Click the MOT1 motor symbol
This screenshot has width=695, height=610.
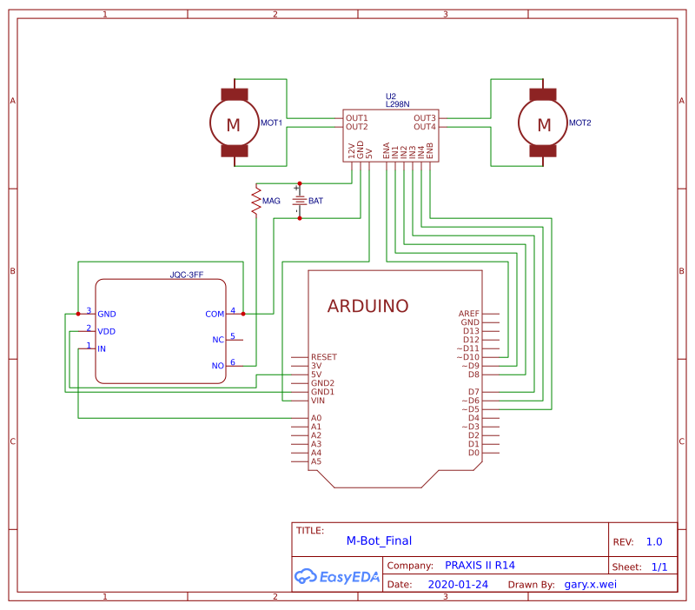coord(234,124)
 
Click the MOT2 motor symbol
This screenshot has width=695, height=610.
coord(544,124)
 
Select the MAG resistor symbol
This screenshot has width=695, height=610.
coord(256,201)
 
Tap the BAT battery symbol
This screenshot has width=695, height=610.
coord(300,201)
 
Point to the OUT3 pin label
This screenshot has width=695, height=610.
coord(425,117)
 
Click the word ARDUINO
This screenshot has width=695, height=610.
coord(367,306)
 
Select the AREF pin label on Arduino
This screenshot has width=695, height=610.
coord(469,314)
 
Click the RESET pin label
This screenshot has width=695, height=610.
coord(324,357)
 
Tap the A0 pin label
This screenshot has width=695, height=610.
coord(316,418)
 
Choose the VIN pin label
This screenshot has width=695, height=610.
coord(318,401)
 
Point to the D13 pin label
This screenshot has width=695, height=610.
coord(471,331)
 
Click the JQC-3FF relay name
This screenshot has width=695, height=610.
coord(187,275)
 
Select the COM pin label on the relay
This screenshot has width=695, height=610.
coord(215,314)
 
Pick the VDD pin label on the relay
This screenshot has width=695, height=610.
coord(107,331)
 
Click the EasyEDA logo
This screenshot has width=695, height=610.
coord(337,575)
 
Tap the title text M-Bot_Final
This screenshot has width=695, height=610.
coord(379,540)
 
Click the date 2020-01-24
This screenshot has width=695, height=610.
coord(459,585)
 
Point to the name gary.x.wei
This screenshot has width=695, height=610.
coord(594,585)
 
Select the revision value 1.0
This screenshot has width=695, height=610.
coord(654,541)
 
